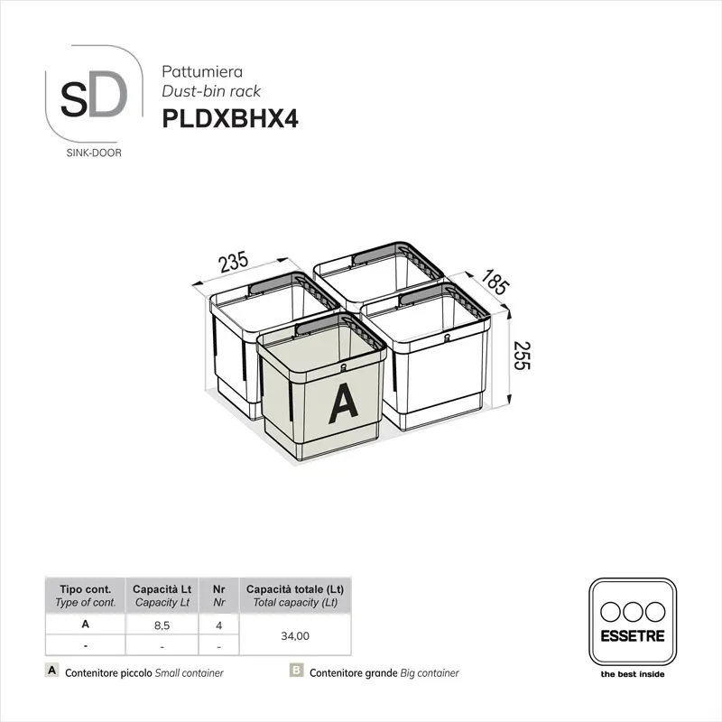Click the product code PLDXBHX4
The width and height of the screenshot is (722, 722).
[x=230, y=119]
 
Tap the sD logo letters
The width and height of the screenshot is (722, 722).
[x=94, y=97]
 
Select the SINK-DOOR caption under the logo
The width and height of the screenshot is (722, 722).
[x=95, y=153]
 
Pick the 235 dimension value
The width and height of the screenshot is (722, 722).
[x=234, y=264]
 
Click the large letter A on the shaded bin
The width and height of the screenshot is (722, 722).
[x=342, y=403]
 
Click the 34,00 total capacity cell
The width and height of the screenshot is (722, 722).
[x=295, y=635]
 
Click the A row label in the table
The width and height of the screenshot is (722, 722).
[x=85, y=624]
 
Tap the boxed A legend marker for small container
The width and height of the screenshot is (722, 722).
[x=52, y=671]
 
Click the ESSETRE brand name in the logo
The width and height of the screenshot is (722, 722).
[x=632, y=636]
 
